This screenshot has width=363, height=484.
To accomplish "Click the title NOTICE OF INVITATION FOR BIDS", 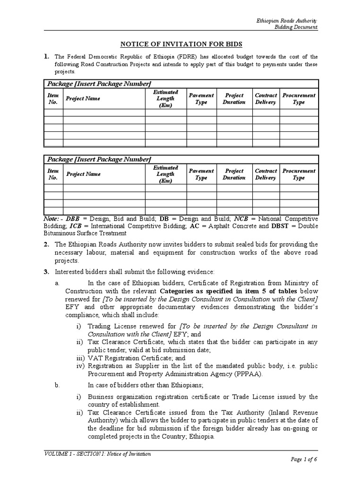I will coord(181,44).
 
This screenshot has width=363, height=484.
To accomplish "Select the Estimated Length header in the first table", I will coord(165,99).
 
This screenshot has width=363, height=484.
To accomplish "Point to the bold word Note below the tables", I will coord(51,219).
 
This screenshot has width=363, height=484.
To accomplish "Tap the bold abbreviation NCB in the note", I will coord(242,219).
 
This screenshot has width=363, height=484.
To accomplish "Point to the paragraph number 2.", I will coord(46,244).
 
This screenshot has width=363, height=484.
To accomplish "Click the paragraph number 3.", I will coord(46,272).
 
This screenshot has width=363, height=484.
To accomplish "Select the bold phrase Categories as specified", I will coord(194,291).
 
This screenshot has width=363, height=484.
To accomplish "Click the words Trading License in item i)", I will coord(111,327).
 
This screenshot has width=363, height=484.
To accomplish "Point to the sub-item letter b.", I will coord(56,386).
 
